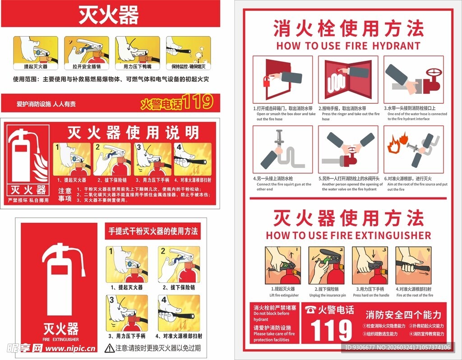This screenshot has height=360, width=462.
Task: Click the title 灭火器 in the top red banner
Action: coord(109,15)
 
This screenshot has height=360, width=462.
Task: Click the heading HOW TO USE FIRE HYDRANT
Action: coord(348,46)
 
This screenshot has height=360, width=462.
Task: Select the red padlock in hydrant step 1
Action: coord(268,82)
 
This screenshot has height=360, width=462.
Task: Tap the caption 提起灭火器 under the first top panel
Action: coord(36,66)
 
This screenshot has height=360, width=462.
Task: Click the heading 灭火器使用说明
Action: coord(133,133)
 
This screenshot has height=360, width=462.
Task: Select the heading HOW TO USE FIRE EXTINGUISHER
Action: coord(348,235)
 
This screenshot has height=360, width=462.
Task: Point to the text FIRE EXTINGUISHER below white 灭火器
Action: coord(60,339)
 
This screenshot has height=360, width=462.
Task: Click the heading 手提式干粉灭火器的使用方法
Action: coord(153,231)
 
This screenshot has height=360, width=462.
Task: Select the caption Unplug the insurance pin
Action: coord(328,295)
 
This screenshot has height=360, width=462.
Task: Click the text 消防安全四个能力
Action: coord(403,315)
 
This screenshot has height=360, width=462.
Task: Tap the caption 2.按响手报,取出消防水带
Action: coord(344,109)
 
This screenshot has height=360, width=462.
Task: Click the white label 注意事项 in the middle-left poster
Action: coord(65,194)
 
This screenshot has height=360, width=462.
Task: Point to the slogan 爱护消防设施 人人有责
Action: coord(46,104)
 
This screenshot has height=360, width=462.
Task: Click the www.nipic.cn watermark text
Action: coord(71,348)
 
